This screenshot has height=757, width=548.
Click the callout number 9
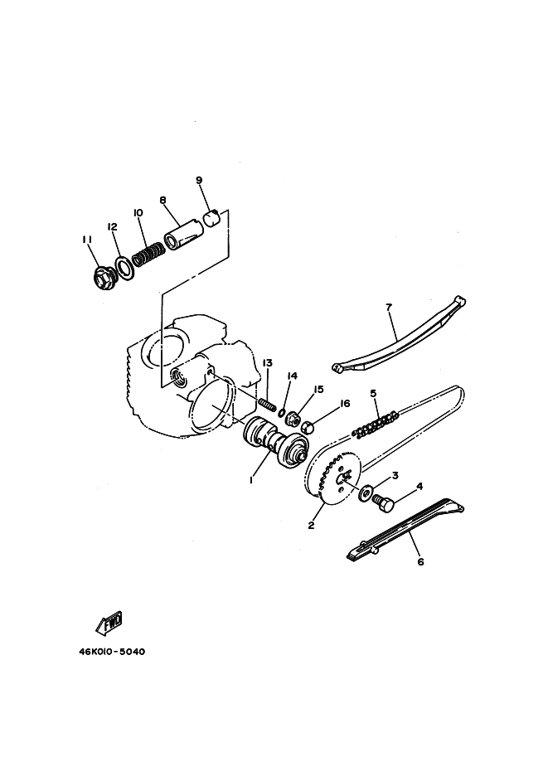199,180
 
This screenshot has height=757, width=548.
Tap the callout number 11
87,240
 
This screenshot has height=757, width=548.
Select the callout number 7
389,306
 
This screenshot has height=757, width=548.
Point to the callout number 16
345,403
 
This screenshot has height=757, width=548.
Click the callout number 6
420,562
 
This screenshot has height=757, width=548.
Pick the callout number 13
268,363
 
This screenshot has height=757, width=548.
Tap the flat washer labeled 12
124,268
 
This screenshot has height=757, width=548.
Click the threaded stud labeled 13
268,404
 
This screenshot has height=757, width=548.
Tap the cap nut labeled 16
308,427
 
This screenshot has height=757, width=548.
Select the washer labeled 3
365,493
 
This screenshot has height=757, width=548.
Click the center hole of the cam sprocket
345,478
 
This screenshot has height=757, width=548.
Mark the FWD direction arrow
109,623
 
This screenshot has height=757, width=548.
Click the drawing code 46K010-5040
112,652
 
